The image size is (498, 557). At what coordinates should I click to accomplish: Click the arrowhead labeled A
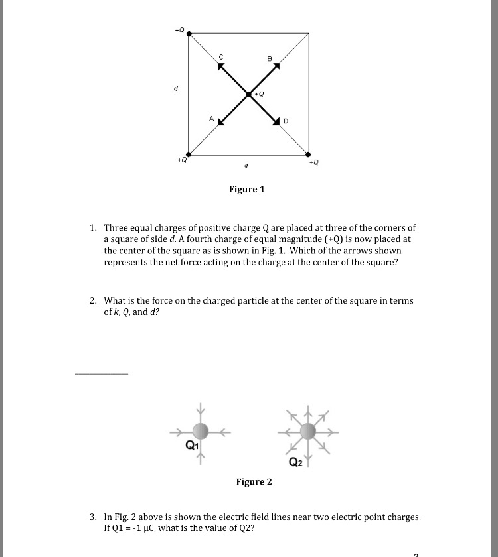220,123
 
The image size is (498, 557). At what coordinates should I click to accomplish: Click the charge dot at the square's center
249,94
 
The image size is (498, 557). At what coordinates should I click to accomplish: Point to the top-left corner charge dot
189,32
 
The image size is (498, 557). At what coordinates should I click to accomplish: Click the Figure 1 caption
246,190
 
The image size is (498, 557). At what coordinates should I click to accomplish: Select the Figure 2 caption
254,482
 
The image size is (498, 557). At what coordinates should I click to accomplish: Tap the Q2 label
296,462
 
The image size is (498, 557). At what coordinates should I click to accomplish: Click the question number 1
93,227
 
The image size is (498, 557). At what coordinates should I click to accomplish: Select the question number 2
93,301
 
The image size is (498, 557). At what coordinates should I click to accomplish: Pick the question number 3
93,516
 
